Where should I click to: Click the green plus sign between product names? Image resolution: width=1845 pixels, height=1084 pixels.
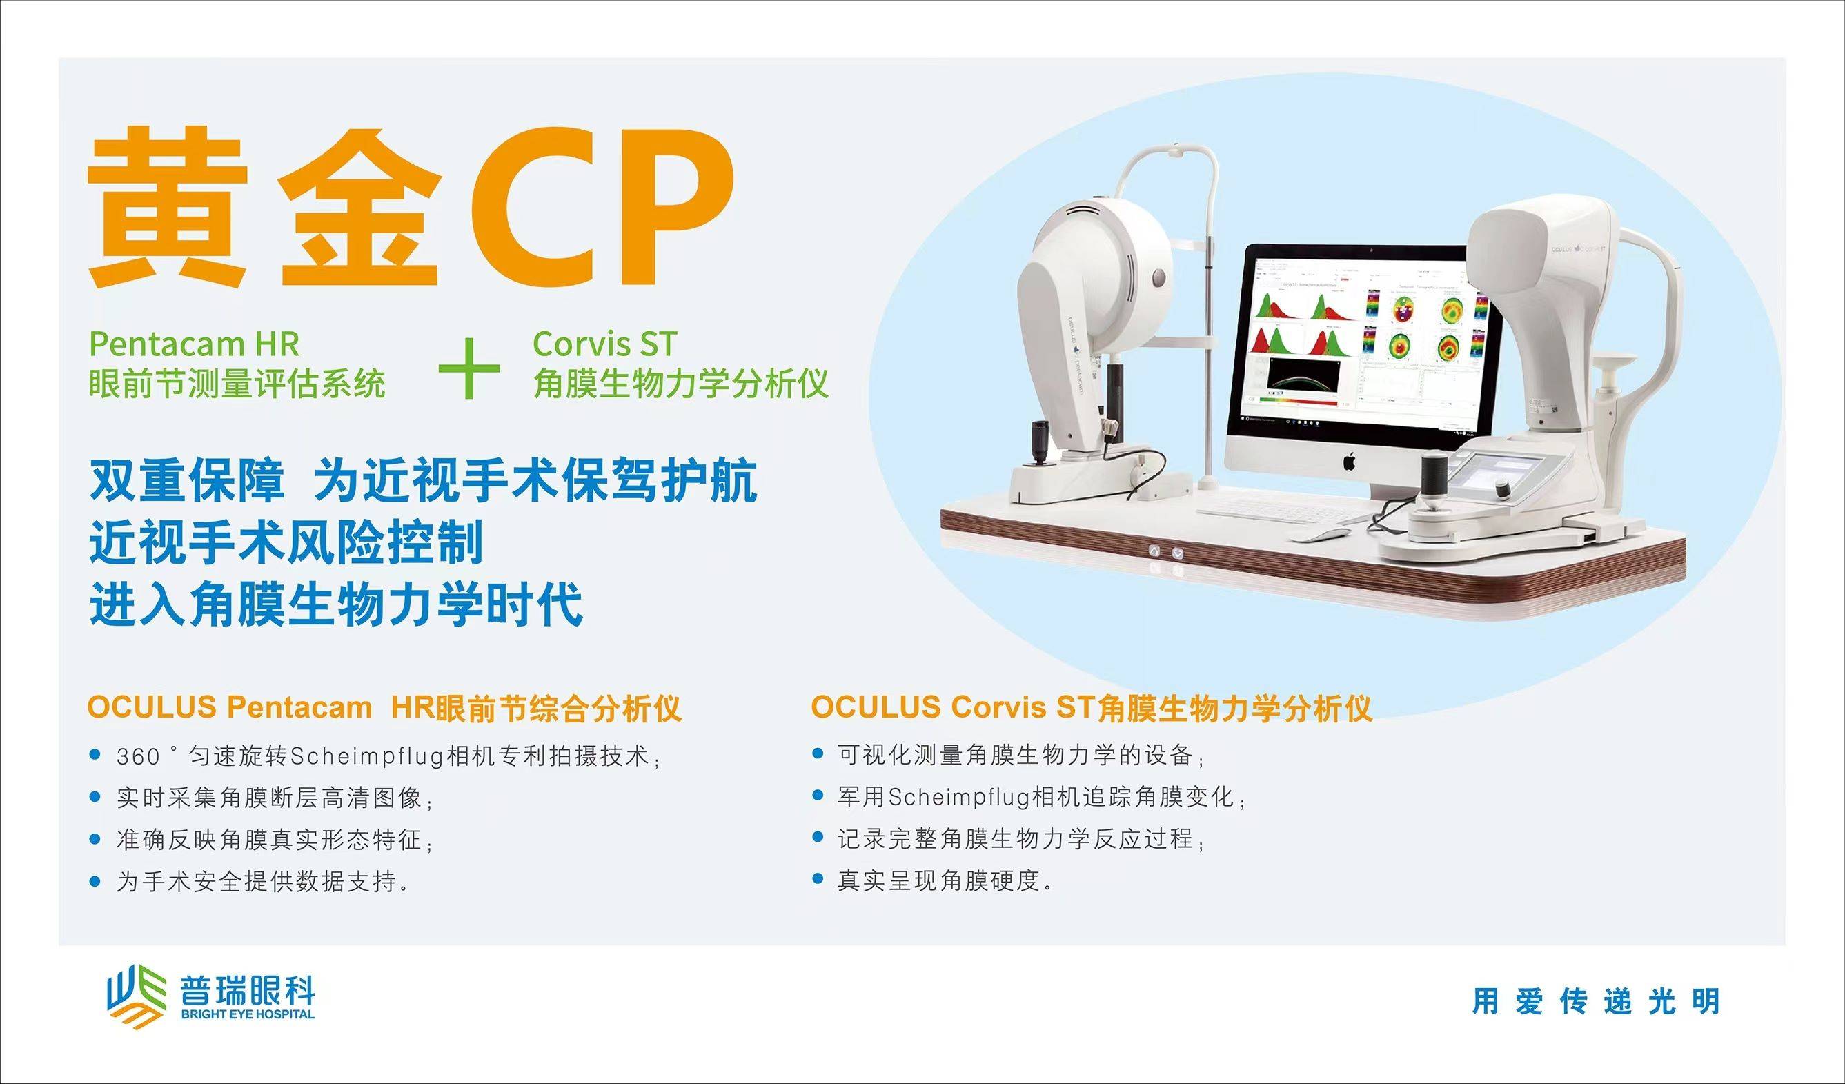pyautogui.click(x=469, y=368)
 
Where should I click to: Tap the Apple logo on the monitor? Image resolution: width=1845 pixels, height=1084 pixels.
pyautogui.click(x=1349, y=461)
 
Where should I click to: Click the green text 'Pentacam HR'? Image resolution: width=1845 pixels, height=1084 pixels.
pyautogui.click(x=194, y=344)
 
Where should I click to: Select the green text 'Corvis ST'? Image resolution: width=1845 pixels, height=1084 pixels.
pyautogui.click(x=604, y=344)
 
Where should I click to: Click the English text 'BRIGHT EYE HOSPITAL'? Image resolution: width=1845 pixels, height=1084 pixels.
pyautogui.click(x=248, y=1014)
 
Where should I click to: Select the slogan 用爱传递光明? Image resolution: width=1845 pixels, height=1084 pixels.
pyautogui.click(x=1596, y=1001)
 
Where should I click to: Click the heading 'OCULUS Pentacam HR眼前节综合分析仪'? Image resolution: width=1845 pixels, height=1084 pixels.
pyautogui.click(x=384, y=708)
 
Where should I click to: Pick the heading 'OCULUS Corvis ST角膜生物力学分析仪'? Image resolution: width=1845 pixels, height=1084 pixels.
pyautogui.click(x=1091, y=707)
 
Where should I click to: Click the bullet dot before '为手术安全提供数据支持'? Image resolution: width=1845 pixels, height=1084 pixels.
pyautogui.click(x=94, y=881)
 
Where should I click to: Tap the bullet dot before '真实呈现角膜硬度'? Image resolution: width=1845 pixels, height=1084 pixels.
pyautogui.click(x=818, y=879)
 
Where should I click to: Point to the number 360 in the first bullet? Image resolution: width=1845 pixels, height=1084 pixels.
pyautogui.click(x=139, y=756)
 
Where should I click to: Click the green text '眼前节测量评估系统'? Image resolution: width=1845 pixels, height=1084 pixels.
pyautogui.click(x=237, y=384)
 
